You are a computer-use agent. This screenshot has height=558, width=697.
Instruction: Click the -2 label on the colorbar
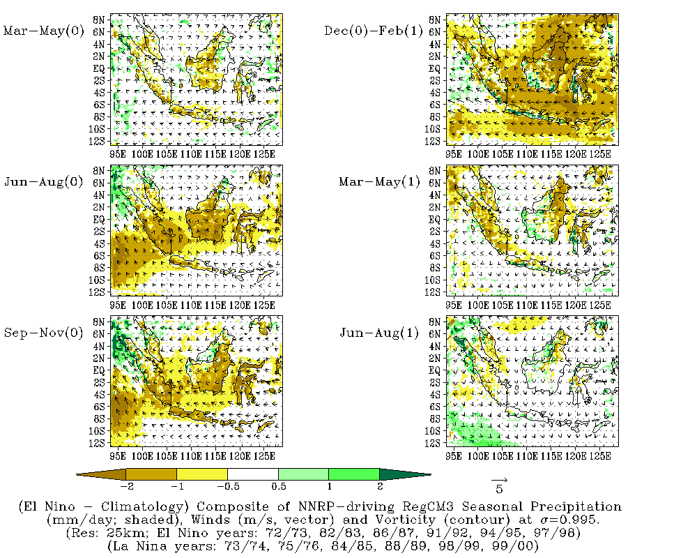[127, 485]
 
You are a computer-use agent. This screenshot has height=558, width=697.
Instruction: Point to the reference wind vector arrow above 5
[499, 480]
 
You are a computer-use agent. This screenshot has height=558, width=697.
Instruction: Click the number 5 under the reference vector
[499, 490]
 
